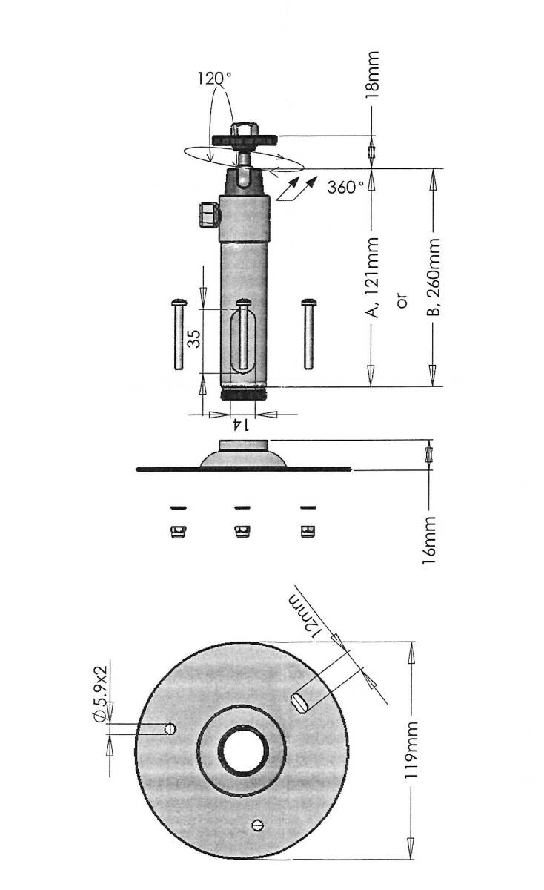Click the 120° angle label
point(214,79)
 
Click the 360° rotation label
point(345,187)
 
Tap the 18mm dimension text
point(373,75)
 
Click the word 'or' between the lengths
point(402,301)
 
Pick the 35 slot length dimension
point(193,338)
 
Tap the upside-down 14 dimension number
point(242,425)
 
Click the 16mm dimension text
point(429,540)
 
